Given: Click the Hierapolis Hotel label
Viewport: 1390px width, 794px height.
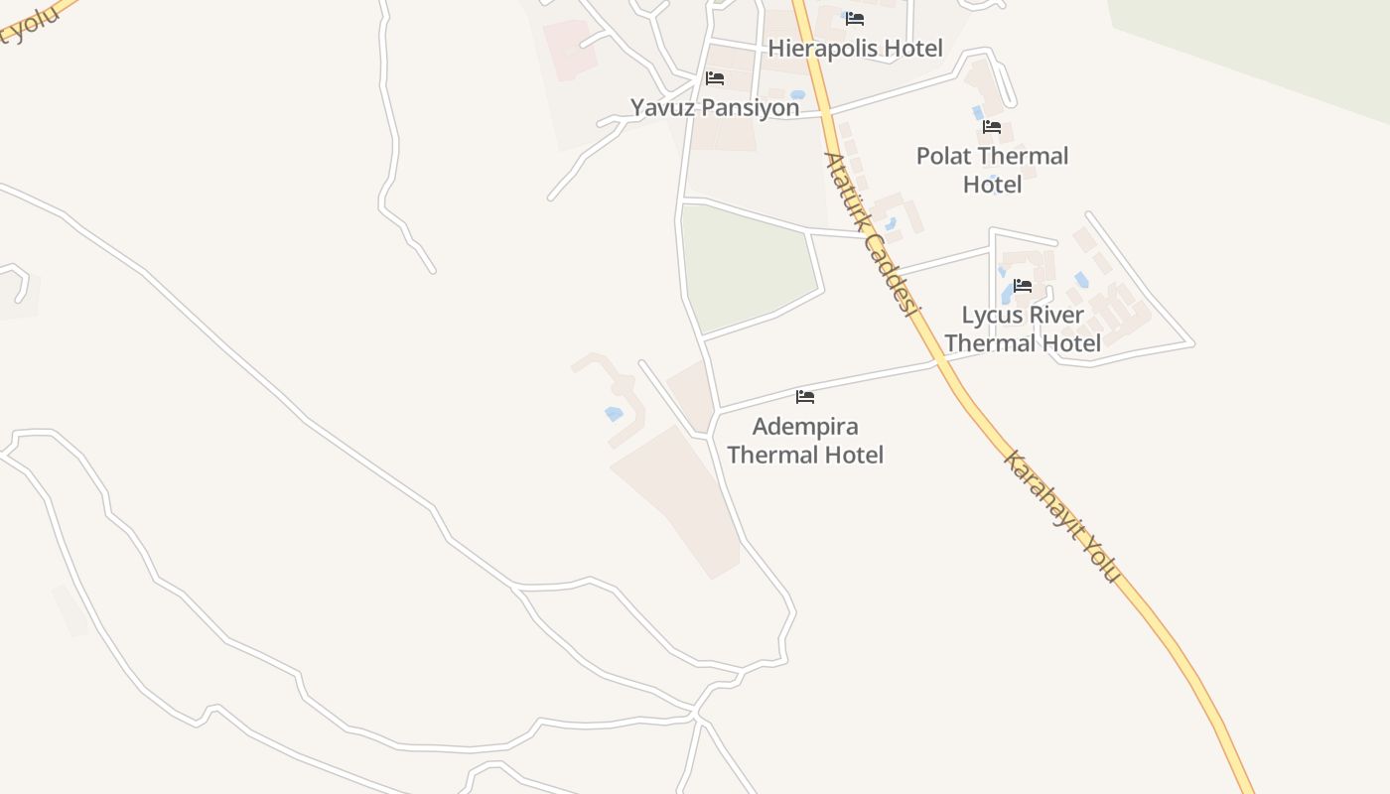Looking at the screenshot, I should coord(855,48).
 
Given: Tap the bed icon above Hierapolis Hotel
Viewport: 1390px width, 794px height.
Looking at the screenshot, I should coord(855,19).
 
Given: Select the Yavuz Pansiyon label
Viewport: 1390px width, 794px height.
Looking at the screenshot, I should coord(715,107).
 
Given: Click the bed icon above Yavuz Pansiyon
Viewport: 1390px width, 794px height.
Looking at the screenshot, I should coord(715,78).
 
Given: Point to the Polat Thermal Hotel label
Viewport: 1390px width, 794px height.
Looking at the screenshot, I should coord(992,170).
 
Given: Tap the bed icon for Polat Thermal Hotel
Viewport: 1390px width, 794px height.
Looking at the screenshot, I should coord(992,127).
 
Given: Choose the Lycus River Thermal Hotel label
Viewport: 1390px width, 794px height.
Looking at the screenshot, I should coord(1023,329).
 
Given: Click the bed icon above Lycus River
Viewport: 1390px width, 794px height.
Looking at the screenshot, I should coord(1023,286).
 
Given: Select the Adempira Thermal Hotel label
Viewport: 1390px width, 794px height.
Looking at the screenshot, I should coord(805,441).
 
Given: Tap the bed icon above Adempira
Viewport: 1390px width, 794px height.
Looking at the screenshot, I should coord(805,397).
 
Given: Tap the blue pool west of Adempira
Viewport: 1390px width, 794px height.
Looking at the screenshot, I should coord(614,413).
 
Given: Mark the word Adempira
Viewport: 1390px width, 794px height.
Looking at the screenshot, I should coord(805,427).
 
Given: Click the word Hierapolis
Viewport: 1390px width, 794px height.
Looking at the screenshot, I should coord(825,48).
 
